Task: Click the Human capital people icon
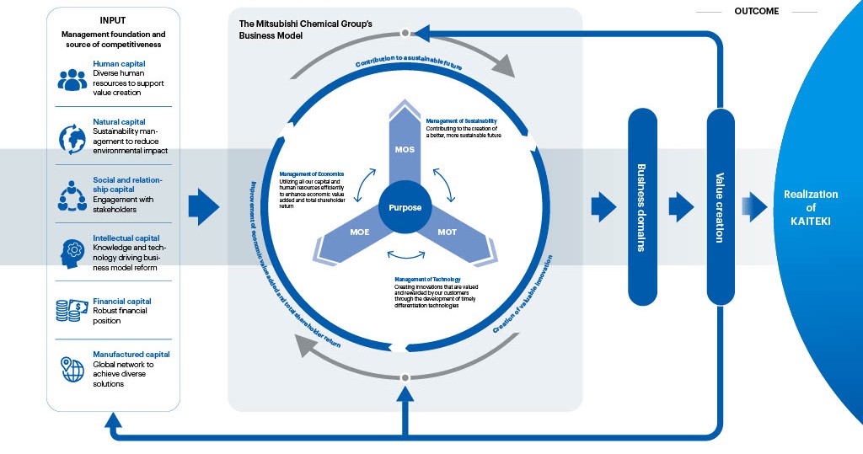pos(72,79)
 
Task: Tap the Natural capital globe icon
pos(72,138)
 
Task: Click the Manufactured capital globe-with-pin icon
pos(72,368)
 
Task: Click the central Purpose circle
pos(405,207)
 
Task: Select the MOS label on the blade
pos(405,150)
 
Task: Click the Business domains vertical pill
pos(643,207)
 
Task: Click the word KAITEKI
pos(811,222)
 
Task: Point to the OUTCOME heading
pos(756,12)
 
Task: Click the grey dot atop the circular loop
pos(405,33)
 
